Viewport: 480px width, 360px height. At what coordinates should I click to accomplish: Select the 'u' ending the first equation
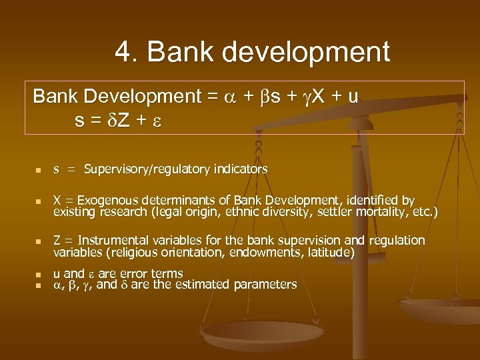click(x=353, y=97)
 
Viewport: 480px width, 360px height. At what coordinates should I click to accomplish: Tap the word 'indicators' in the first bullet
click(x=240, y=169)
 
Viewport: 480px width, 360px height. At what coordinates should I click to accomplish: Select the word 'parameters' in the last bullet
click(x=265, y=285)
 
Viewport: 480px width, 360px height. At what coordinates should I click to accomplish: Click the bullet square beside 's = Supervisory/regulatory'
click(x=38, y=170)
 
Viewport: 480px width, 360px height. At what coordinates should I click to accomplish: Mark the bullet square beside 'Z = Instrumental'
click(x=38, y=241)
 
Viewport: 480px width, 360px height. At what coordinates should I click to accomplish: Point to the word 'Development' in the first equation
click(x=140, y=97)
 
